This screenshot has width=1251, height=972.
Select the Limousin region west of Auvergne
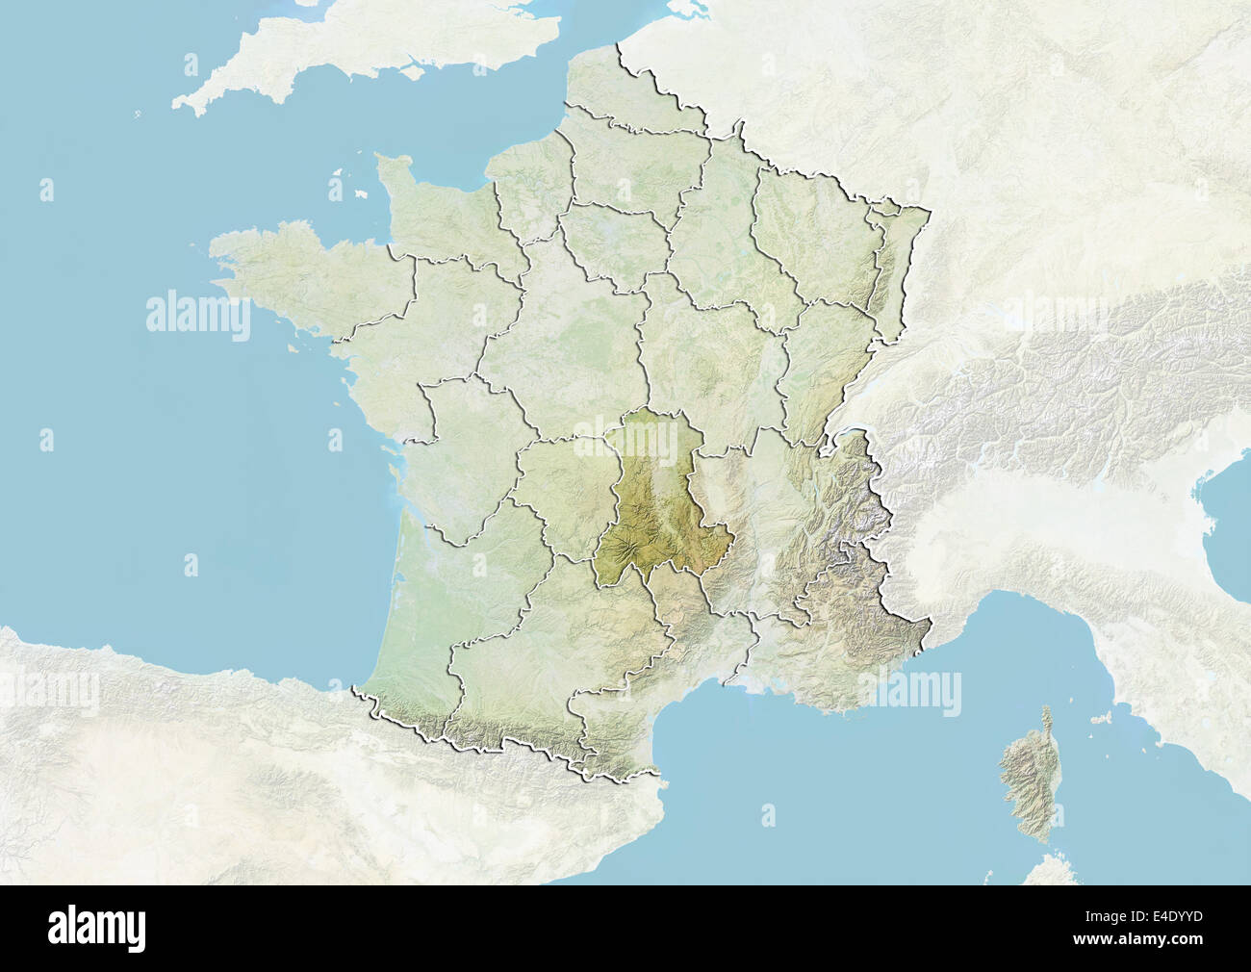click(563, 491)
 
